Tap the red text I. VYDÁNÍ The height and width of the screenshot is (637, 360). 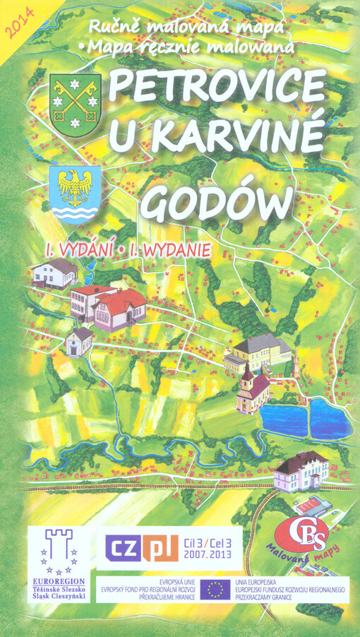click(77, 249)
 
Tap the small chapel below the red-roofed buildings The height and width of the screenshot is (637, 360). click(80, 341)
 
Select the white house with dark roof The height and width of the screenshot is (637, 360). click(53, 273)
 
